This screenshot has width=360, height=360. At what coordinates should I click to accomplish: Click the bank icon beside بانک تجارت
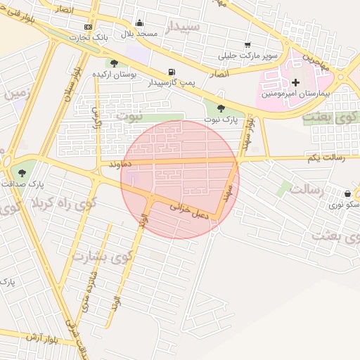coord(88,27)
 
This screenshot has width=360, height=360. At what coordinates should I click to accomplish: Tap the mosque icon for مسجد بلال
coord(140,23)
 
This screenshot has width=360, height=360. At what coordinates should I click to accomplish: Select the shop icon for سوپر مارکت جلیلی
coord(247,44)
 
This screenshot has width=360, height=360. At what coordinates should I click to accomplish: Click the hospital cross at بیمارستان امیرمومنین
coord(295,83)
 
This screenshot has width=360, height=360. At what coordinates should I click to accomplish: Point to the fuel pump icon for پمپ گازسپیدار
coord(172,72)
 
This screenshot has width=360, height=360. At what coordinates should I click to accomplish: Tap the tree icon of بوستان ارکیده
coord(114,63)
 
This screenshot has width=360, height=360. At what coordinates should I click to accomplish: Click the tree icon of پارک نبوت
coord(222,108)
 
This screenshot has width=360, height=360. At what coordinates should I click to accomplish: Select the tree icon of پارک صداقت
coord(23,171)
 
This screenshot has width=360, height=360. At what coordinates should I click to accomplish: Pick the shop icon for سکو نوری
coord(348,193)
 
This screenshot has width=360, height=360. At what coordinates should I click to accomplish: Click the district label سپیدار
coord(184,27)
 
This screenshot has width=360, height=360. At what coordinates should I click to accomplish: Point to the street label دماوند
coord(120,164)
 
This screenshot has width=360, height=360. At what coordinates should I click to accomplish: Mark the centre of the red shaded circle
coord(180,179)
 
